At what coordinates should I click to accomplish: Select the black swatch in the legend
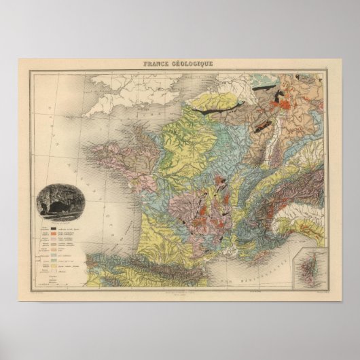(50, 229)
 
